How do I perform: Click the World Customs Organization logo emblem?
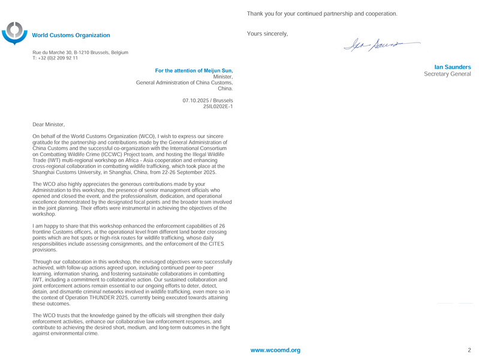click(x=15, y=34)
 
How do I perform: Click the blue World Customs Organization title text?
click(x=71, y=36)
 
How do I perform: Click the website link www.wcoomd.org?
click(x=275, y=349)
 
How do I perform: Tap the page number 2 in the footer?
click(x=469, y=349)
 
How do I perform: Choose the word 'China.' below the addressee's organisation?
click(x=225, y=89)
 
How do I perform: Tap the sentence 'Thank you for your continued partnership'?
click(x=321, y=13)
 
